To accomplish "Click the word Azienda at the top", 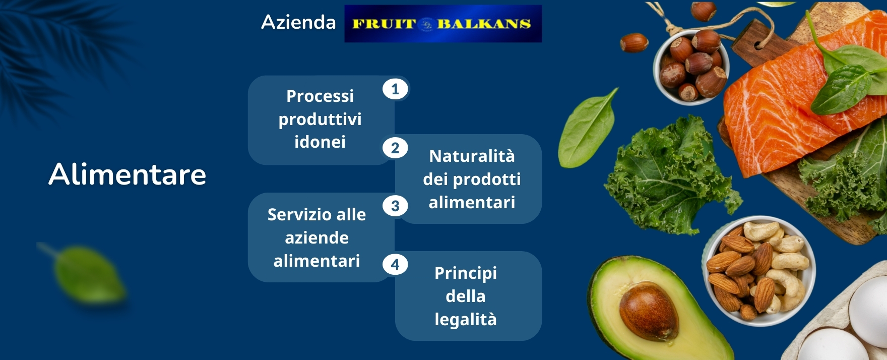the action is (298, 22).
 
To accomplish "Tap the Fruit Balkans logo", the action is (443, 24).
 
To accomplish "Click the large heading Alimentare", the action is (128, 174).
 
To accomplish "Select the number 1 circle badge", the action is (395, 89).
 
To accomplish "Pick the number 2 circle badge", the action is (395, 148).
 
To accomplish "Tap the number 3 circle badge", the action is (395, 206).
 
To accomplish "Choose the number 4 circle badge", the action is (395, 264).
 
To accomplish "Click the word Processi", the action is (320, 96).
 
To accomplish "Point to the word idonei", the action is (320, 142).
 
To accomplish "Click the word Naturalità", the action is (472, 156).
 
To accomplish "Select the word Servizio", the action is (296, 215).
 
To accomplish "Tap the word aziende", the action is (317, 238).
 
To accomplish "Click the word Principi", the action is (466, 273).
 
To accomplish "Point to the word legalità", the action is (466, 320).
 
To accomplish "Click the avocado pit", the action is (649, 311).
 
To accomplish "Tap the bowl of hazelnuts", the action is (691, 66).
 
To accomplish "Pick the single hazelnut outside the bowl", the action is (633, 43).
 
